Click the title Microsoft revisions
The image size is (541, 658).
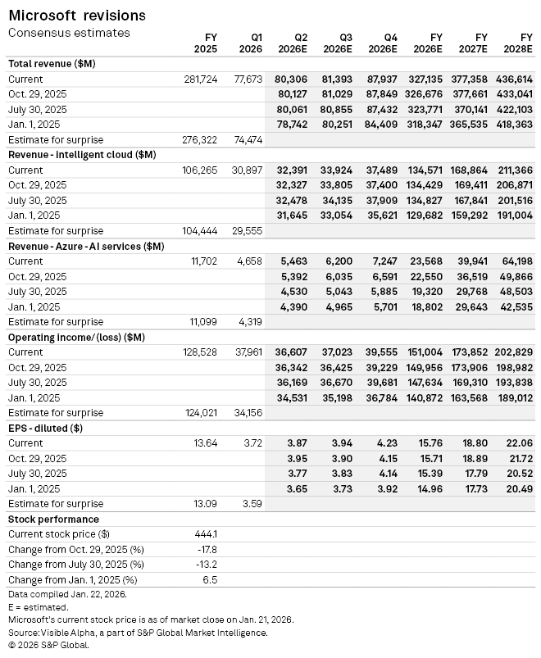pyautogui.click(x=77, y=16)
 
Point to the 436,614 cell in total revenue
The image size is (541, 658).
pyautogui.click(x=513, y=79)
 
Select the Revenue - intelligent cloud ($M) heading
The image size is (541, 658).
pyautogui.click(x=82, y=154)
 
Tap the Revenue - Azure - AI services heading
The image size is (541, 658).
pyautogui.click(x=86, y=246)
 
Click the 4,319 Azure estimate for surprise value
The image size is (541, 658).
pyautogui.click(x=248, y=322)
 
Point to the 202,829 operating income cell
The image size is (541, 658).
pyautogui.click(x=513, y=352)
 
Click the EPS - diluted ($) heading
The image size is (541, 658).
pyautogui.click(x=46, y=428)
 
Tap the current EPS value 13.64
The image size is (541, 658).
pyautogui.click(x=205, y=442)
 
